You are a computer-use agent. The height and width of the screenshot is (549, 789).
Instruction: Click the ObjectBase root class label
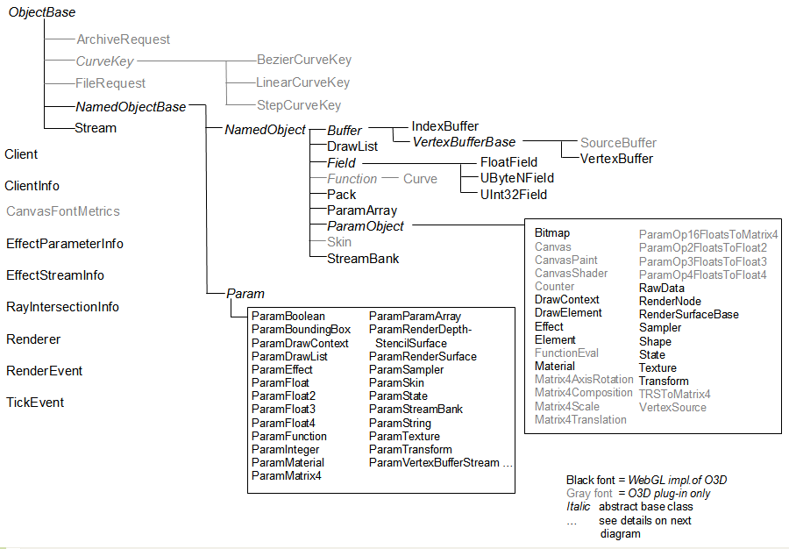tap(42, 13)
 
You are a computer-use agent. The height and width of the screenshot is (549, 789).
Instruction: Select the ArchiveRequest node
tap(123, 39)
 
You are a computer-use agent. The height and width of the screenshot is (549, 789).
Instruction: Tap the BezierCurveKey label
tap(303, 61)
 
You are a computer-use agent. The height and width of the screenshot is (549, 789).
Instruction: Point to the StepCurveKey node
tap(299, 105)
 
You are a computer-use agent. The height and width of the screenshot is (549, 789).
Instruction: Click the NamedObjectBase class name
tap(131, 107)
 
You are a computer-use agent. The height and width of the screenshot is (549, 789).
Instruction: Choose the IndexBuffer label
tap(445, 126)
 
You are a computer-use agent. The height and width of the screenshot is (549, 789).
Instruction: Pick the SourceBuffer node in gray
tap(618, 143)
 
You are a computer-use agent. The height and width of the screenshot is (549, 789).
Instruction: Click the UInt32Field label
tap(514, 195)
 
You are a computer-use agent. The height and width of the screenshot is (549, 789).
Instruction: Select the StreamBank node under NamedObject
tap(363, 259)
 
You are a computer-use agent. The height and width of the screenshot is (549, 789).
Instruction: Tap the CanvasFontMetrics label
tap(63, 211)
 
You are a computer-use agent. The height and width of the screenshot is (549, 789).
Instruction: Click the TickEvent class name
tap(35, 403)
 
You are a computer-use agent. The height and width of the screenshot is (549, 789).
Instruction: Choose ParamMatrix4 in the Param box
tap(287, 476)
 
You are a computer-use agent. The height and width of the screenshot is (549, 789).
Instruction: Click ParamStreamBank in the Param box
tap(416, 410)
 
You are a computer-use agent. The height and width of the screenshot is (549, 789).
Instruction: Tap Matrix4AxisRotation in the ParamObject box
tap(584, 380)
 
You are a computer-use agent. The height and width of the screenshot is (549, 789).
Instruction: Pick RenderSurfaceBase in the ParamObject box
tap(689, 314)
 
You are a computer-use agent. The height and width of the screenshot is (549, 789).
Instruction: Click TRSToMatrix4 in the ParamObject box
tap(675, 394)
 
